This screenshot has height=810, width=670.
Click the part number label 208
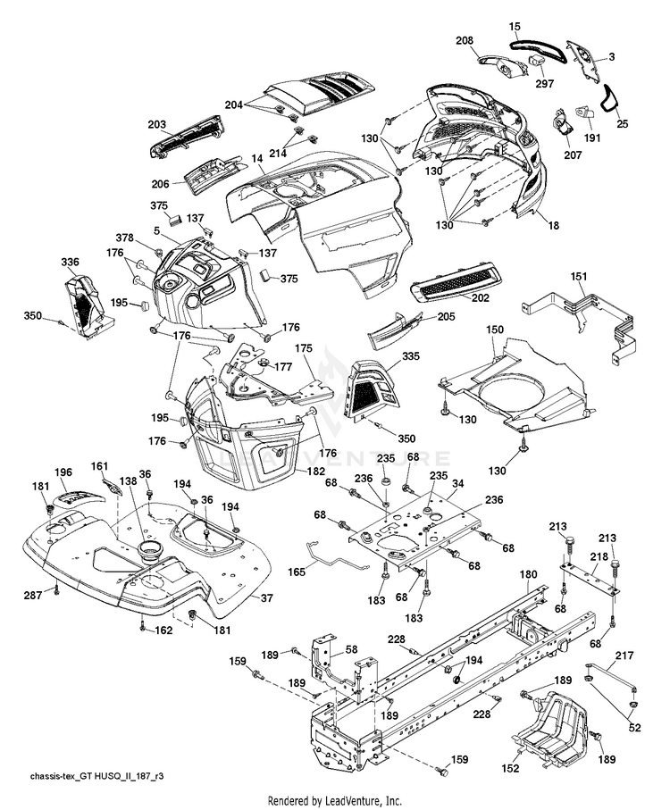tap(465, 41)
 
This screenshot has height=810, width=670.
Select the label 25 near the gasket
tap(623, 124)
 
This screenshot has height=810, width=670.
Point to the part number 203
tap(157, 124)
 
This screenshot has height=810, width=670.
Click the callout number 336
tap(70, 262)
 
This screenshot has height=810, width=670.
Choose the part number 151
tap(579, 276)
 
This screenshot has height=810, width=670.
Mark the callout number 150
tap(495, 329)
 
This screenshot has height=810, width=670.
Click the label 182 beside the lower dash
tap(316, 472)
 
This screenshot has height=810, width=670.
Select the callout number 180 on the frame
tap(528, 574)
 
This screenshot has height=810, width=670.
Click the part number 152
tap(510, 769)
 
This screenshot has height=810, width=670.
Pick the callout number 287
tap(33, 596)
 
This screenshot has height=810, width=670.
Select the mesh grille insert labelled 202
tap(455, 282)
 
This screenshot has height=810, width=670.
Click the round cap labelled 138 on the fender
tap(150, 552)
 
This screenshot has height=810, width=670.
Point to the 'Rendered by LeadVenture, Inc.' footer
tap(335, 801)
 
